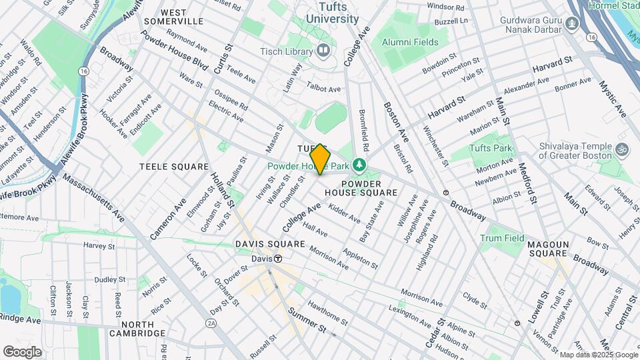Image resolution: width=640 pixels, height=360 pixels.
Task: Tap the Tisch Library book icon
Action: (323, 50)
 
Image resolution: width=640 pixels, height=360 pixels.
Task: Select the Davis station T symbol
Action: (277, 259)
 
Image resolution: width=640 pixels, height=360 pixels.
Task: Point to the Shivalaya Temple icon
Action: (622, 149)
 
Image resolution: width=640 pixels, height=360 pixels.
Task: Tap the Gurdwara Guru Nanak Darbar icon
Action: (571, 25)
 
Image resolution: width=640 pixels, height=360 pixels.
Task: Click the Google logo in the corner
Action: (22, 351)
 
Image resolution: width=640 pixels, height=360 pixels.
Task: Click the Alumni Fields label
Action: (410, 42)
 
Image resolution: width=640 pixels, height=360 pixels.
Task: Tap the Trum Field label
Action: (502, 238)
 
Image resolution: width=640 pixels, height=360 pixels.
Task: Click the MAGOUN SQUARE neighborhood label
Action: (547, 245)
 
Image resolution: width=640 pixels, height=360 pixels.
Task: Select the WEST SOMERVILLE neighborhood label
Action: (182, 17)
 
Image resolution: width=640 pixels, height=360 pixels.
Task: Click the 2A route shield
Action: (211, 323)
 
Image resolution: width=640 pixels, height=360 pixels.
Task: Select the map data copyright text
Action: (598, 355)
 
